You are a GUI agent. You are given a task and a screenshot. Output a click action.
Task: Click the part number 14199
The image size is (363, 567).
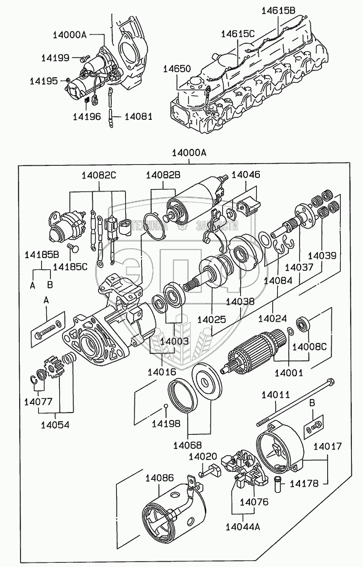coord(55,57)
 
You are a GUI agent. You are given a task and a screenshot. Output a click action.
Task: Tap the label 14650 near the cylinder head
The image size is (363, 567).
coord(177,69)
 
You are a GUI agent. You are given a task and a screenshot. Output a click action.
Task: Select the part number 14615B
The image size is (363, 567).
coord(278,11)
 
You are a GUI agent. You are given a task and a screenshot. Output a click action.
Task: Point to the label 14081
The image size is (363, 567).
coord(138,116)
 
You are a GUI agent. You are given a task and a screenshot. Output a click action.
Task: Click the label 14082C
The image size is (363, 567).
coord(99,175)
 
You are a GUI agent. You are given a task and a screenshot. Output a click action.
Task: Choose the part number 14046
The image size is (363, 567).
coord(246,175)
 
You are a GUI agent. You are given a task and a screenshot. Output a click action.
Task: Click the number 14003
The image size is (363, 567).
coord(175,341)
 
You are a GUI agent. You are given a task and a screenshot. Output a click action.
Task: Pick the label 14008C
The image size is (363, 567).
coord(309,346)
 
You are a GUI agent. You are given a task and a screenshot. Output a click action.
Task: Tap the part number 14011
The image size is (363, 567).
coord(276,395)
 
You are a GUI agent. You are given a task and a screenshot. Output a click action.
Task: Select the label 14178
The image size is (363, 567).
coord(304,483)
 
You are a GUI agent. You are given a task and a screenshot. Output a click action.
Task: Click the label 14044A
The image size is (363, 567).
coord(243,526)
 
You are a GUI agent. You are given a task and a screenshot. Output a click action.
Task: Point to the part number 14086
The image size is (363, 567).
coord(159,478)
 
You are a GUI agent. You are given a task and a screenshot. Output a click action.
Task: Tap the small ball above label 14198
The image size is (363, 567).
coord(165,406)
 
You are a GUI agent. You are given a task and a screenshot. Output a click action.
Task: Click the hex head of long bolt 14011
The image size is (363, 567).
coord(330,382)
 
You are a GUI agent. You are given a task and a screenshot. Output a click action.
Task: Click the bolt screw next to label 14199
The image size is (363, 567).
coord(85,57)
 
